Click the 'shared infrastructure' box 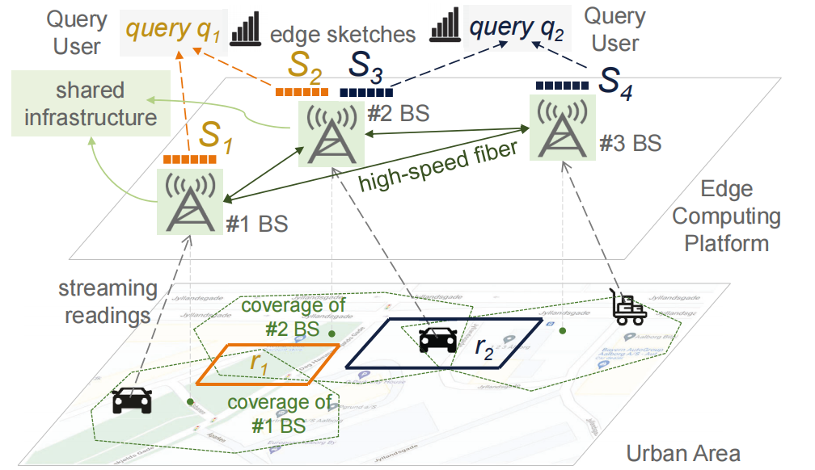pos(91,103)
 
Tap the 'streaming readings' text pos(104,301)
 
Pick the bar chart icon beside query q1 pos(246,31)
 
